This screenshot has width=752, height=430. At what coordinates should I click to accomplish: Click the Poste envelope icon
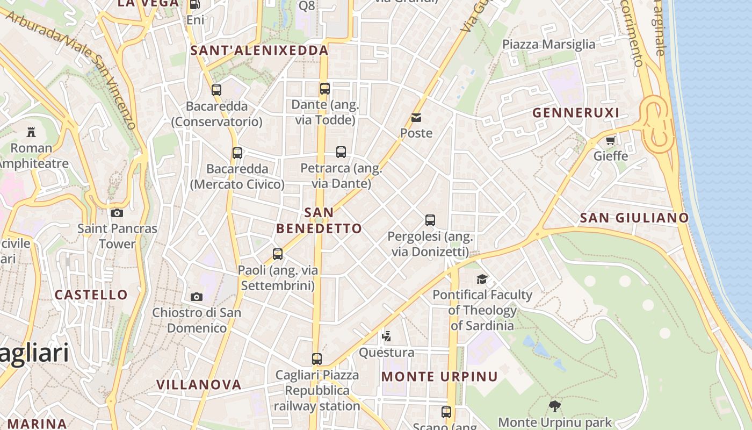click(416, 118)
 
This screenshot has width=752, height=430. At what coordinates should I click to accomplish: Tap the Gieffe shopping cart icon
click(610, 141)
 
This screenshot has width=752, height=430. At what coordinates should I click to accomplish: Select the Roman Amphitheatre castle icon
click(31, 132)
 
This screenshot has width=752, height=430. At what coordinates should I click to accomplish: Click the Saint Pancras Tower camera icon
click(117, 213)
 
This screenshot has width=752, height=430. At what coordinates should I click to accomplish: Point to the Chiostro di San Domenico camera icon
click(197, 297)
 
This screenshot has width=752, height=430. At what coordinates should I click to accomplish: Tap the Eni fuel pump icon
click(195, 4)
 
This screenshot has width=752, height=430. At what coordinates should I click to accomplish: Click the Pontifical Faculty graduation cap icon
click(482, 279)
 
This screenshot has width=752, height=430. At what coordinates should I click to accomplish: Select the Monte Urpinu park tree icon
click(555, 406)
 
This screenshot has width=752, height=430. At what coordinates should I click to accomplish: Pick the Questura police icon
click(386, 337)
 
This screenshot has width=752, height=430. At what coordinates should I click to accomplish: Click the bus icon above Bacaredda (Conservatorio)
click(216, 90)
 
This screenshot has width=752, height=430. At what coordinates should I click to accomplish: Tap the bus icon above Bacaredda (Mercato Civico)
click(237, 153)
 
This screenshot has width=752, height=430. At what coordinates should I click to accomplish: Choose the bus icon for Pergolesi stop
click(430, 220)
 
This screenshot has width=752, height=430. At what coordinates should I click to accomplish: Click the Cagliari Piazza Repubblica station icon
click(317, 359)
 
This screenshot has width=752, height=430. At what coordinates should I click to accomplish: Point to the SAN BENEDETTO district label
click(319, 220)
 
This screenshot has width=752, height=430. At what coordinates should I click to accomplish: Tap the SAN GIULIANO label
click(634, 218)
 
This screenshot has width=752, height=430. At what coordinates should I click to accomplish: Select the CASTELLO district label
click(91, 295)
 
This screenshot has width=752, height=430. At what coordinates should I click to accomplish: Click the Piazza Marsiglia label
click(548, 44)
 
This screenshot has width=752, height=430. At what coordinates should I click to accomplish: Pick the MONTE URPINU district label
click(439, 376)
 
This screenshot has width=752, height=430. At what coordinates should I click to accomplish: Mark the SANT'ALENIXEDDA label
click(259, 51)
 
